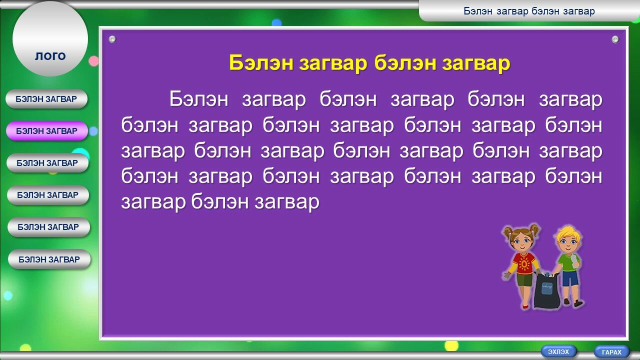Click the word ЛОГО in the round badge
[50, 56]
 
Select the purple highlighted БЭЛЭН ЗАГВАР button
[47, 131]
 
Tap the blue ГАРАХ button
[611, 352]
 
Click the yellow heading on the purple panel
[369, 63]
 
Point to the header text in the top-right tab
[529, 11]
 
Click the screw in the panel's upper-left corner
[112, 39]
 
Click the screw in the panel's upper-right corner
[615, 39]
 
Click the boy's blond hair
[568, 233]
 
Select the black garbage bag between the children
[546, 290]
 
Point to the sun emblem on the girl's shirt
[524, 263]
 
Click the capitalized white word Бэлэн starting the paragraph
[199, 99]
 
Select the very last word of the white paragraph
[287, 202]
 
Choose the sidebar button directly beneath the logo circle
[46, 99]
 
